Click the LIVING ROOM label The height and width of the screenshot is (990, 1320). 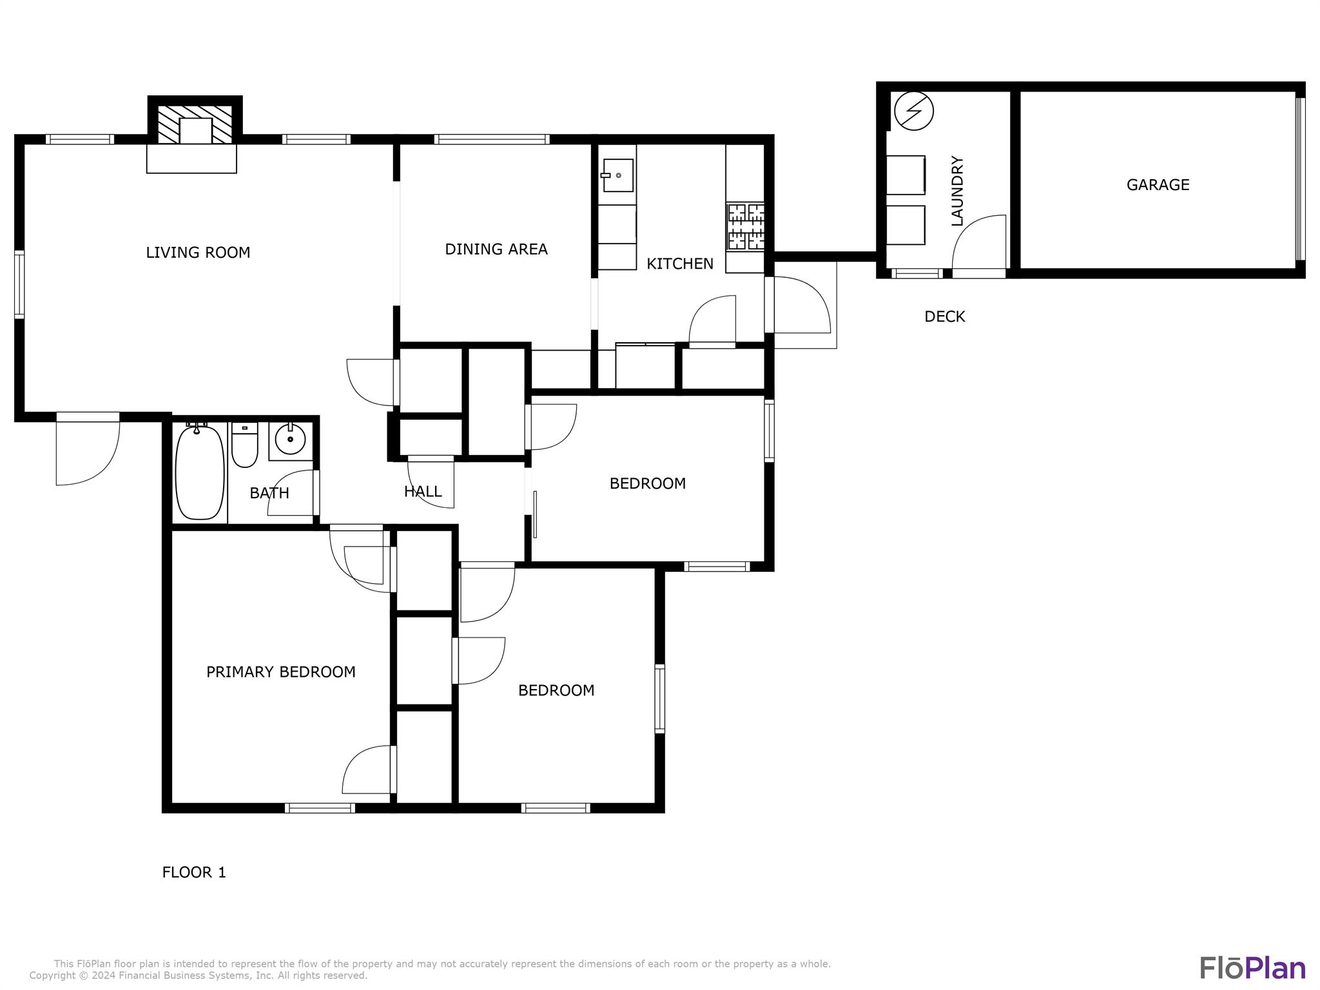pyautogui.click(x=198, y=253)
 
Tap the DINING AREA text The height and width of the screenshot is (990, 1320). pyautogui.click(x=496, y=249)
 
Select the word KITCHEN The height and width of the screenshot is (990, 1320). pyautogui.click(x=679, y=264)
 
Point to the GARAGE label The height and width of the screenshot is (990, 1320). pyautogui.click(x=1158, y=185)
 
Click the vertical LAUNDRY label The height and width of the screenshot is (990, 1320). pyautogui.click(x=957, y=191)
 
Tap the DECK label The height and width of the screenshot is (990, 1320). pyautogui.click(x=944, y=316)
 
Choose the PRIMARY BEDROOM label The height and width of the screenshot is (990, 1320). pyautogui.click(x=280, y=672)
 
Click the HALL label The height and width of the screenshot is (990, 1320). pyautogui.click(x=423, y=492)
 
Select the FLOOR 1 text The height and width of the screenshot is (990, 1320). pyautogui.click(x=193, y=873)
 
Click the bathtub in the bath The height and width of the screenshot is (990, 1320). pyautogui.click(x=200, y=472)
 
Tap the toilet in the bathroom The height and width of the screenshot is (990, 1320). pyautogui.click(x=244, y=446)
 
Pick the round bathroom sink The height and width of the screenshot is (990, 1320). pyautogui.click(x=290, y=440)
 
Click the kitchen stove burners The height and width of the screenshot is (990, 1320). pyautogui.click(x=746, y=227)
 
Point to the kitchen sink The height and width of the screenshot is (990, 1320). pyautogui.click(x=617, y=175)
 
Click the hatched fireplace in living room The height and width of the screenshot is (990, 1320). pyautogui.click(x=195, y=124)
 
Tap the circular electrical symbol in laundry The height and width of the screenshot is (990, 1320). pyautogui.click(x=914, y=111)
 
